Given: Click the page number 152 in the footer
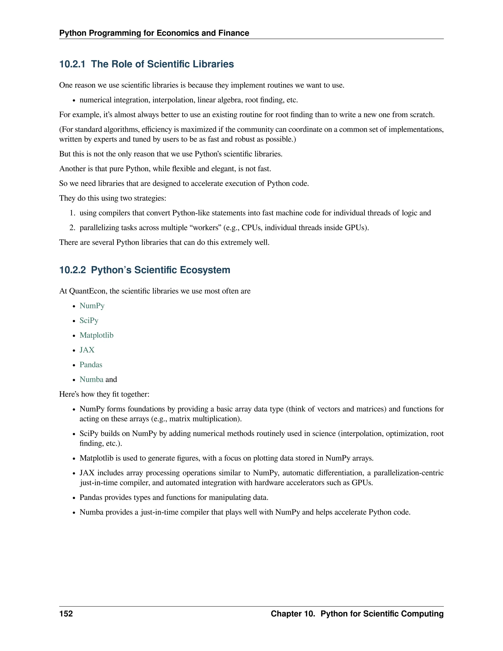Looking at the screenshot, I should click(x=66, y=613).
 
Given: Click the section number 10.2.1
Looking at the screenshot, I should click(x=72, y=64).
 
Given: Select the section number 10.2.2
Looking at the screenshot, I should click(x=72, y=270).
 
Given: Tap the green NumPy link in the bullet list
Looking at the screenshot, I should click(x=92, y=306).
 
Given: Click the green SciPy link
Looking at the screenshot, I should click(x=89, y=320).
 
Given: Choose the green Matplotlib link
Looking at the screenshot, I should click(x=96, y=335).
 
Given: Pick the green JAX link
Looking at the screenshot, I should click(x=87, y=350).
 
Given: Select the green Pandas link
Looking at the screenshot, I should click(x=91, y=365).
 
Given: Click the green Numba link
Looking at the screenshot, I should click(x=91, y=380).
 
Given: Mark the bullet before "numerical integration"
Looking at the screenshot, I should click(x=74, y=100).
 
